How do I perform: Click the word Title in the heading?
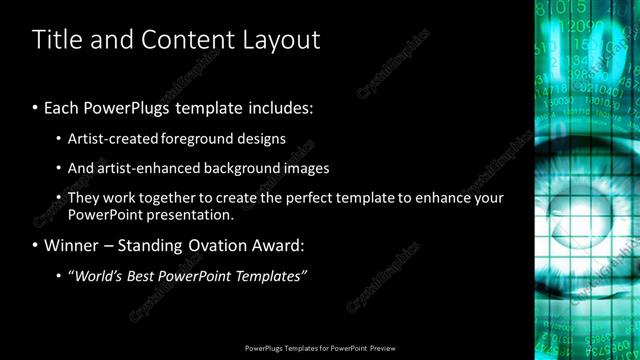54,40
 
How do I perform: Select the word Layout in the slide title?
281,40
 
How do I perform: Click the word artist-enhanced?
140,168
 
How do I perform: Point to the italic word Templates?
270,276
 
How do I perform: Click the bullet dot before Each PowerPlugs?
36,107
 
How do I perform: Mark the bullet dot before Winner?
36,245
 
